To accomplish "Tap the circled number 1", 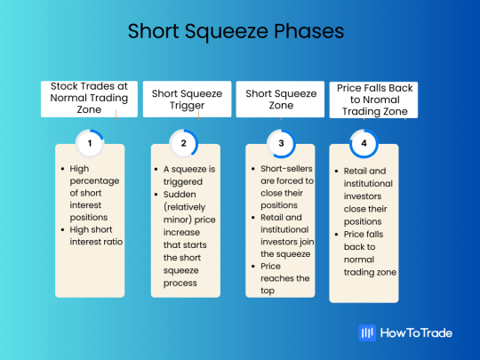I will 89,142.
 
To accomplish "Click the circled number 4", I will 364,142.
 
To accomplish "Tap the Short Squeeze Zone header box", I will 278,99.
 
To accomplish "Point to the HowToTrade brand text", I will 417,332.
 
